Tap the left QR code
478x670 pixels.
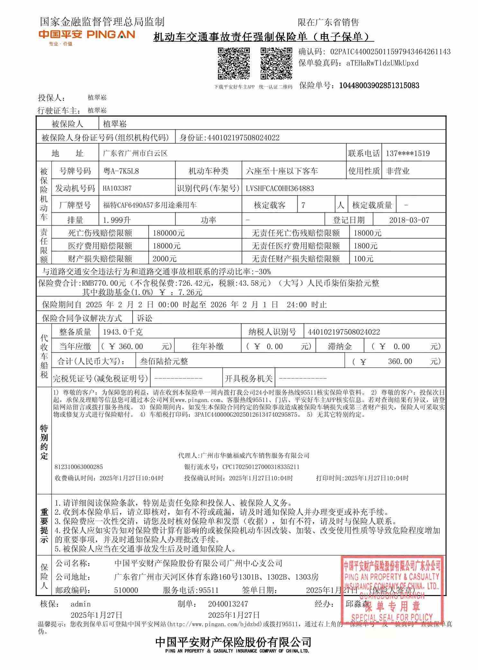pyautogui.click(x=234, y=63)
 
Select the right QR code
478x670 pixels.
pyautogui.click(x=276, y=63)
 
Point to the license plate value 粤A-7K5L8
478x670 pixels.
pyautogui.click(x=121, y=171)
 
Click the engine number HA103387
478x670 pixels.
pyautogui.click(x=117, y=188)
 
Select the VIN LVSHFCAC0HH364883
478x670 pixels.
pyautogui.click(x=280, y=188)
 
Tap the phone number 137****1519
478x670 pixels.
pyautogui.click(x=408, y=154)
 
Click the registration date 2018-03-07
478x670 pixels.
pyautogui.click(x=409, y=220)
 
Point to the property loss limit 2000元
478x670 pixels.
pyautogui.click(x=164, y=259)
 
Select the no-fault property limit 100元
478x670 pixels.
pyautogui.click(x=363, y=259)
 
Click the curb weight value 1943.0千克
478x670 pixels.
pyautogui.click(x=123, y=332)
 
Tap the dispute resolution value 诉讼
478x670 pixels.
pyautogui.click(x=145, y=318)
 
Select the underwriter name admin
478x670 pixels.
pyautogui.click(x=80, y=604)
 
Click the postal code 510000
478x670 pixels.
pyautogui.click(x=126, y=590)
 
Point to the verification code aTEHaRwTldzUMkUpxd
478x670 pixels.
pyautogui.click(x=382, y=63)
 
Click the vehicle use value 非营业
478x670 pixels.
pyautogui.click(x=398, y=171)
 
